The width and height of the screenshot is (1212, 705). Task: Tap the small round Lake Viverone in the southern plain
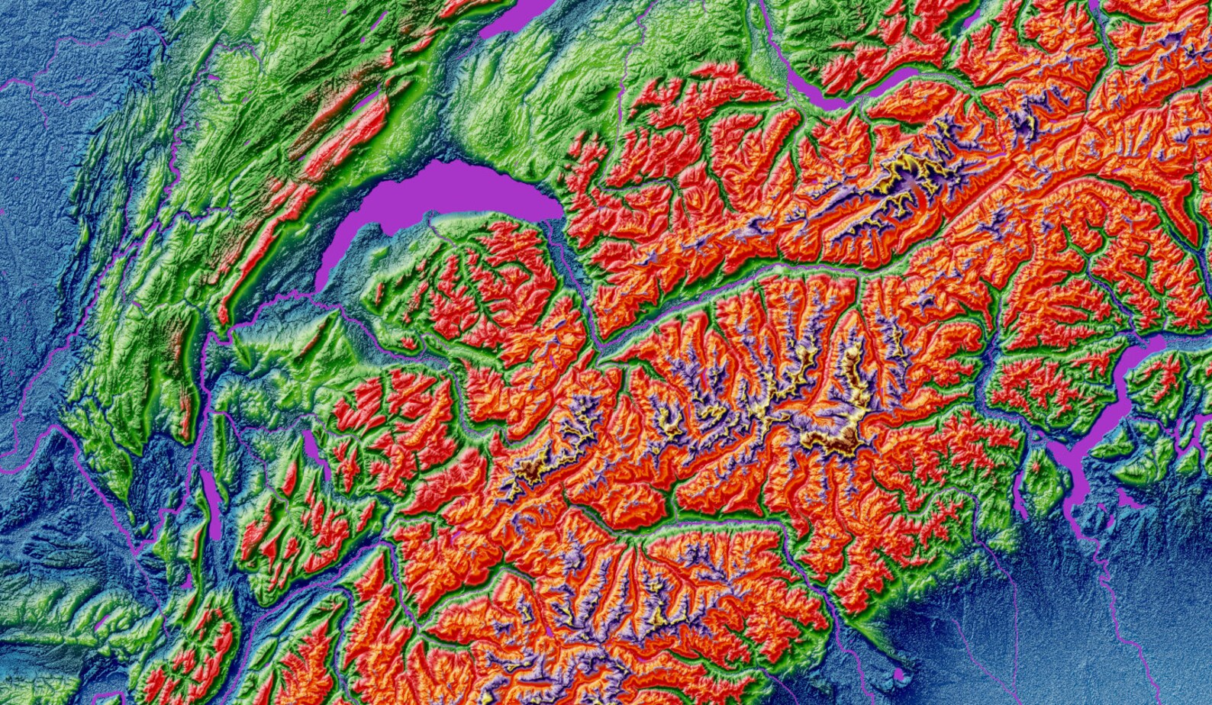pyautogui.click(x=901, y=674)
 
